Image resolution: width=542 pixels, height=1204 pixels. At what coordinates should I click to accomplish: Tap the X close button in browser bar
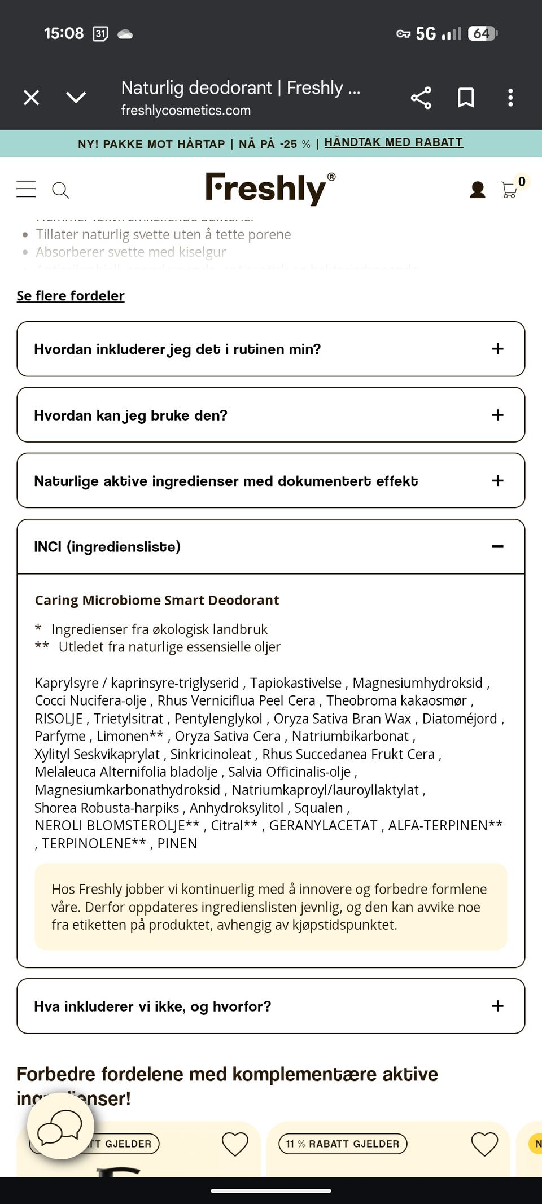[x=32, y=98]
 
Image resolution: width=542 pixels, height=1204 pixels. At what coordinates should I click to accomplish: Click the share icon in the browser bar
[x=421, y=98]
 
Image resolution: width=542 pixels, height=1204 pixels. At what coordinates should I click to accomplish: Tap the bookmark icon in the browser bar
[x=466, y=98]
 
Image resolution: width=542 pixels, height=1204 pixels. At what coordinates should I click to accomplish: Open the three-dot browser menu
[x=510, y=98]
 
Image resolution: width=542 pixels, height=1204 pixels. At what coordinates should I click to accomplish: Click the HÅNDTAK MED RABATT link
[x=394, y=142]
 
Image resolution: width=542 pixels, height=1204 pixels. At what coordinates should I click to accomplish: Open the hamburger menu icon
[x=26, y=189]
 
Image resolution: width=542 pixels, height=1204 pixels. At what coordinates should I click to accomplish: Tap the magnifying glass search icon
[x=60, y=190]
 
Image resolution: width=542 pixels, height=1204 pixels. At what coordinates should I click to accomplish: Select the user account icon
[x=478, y=190]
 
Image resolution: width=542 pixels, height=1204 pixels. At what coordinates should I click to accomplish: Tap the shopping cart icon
[x=509, y=190]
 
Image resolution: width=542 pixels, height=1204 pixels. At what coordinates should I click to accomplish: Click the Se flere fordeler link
[x=71, y=296]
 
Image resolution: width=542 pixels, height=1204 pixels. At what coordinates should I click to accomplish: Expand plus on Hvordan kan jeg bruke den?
[x=497, y=415]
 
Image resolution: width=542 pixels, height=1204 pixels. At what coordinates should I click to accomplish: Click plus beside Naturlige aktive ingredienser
[x=497, y=481]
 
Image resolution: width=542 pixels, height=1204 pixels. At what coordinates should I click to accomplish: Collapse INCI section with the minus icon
[x=497, y=546]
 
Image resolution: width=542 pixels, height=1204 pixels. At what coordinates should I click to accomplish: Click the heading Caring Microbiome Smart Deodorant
[x=157, y=600]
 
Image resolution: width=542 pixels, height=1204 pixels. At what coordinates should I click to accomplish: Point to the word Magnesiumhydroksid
[x=418, y=683]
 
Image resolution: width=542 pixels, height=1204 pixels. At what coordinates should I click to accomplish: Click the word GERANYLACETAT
[x=323, y=825]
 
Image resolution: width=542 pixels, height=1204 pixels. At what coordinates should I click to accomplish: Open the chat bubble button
[x=60, y=1126]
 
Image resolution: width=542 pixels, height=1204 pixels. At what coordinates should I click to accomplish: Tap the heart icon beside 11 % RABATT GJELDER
[x=484, y=1144]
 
